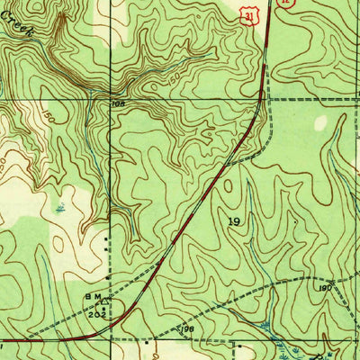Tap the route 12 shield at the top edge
click(285, 4)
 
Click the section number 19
click(235, 220)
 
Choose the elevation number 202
click(96, 315)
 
